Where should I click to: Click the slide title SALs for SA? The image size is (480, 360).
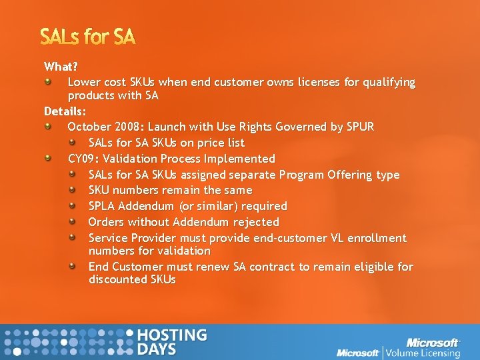[x=88, y=37]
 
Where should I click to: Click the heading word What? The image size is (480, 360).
[x=61, y=67]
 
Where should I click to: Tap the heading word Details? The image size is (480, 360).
[x=65, y=111]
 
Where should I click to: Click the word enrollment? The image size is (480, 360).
[x=377, y=238]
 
